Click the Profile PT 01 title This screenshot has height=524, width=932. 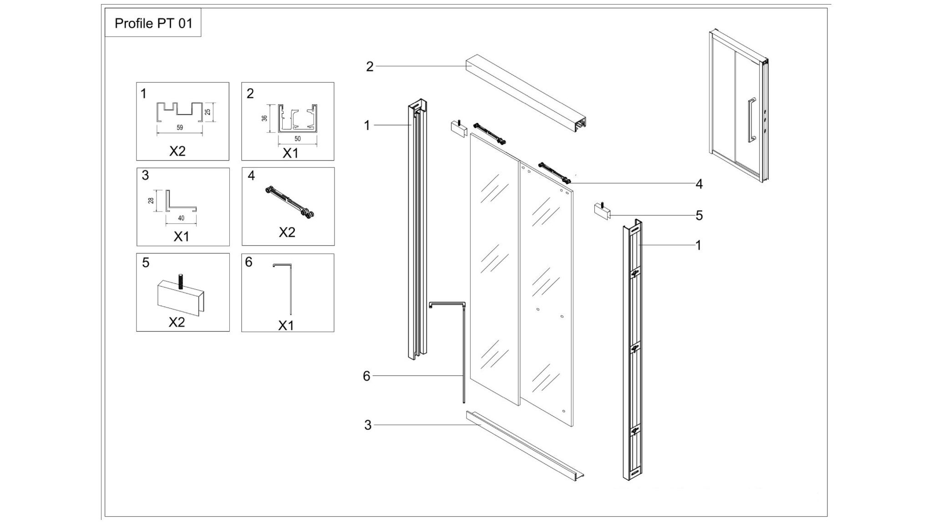pos(153,23)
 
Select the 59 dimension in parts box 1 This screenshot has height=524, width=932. pos(180,128)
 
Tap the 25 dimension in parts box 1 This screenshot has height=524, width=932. pos(208,112)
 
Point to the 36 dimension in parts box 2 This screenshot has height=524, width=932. pos(264,118)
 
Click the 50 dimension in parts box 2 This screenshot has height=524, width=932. pos(298,139)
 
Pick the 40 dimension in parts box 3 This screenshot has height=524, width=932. pos(181,218)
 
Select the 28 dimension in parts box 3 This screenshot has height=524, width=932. pos(152,200)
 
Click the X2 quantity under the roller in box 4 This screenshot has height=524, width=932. pos(287,232)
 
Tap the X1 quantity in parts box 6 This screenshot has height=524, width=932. pos(286,326)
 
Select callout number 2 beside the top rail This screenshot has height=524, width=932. pos(370,67)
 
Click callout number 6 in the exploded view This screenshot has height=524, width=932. pos(367,376)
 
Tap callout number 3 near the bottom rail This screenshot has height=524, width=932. pos(368,425)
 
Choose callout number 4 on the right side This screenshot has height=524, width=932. pos(699,184)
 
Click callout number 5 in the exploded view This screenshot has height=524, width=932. pos(699,216)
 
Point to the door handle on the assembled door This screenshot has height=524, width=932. pos(751,120)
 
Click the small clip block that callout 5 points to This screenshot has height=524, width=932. pos(602,212)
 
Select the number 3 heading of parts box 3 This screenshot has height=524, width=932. pos(145,176)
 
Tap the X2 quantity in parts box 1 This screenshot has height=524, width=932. pos(177,151)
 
